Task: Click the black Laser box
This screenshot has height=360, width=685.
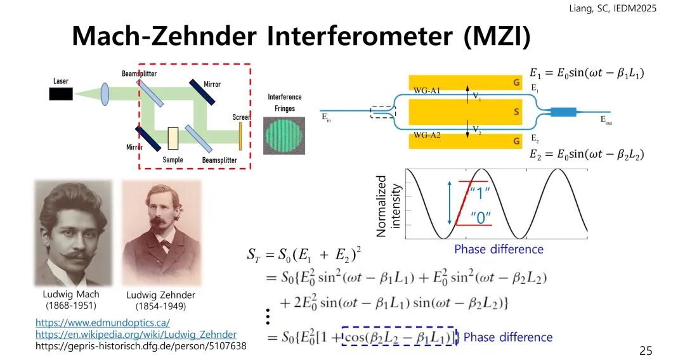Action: pyautogui.click(x=61, y=94)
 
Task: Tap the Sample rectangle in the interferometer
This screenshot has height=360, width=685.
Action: pyautogui.click(x=173, y=138)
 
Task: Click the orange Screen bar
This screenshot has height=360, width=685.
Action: pyautogui.click(x=240, y=134)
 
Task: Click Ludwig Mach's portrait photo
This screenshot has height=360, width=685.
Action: pyautogui.click(x=73, y=233)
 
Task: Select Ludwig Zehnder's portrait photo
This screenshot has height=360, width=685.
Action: pyautogui.click(x=161, y=234)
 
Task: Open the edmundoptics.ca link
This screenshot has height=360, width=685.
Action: pyautogui.click(x=102, y=323)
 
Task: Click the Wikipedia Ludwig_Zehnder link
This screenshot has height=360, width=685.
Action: pyautogui.click(x=136, y=335)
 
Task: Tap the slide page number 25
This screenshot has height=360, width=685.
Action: pyautogui.click(x=645, y=350)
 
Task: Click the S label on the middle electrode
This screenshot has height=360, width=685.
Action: pyautogui.click(x=516, y=112)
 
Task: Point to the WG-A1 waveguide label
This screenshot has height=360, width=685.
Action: pyautogui.click(x=427, y=91)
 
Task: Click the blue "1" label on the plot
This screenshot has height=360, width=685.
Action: pyautogui.click(x=480, y=191)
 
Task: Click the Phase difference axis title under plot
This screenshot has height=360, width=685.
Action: pyautogui.click(x=499, y=249)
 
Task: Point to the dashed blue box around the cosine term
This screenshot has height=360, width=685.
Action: pyautogui.click(x=399, y=337)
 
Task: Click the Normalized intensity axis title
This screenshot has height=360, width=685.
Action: pyautogui.click(x=389, y=205)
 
